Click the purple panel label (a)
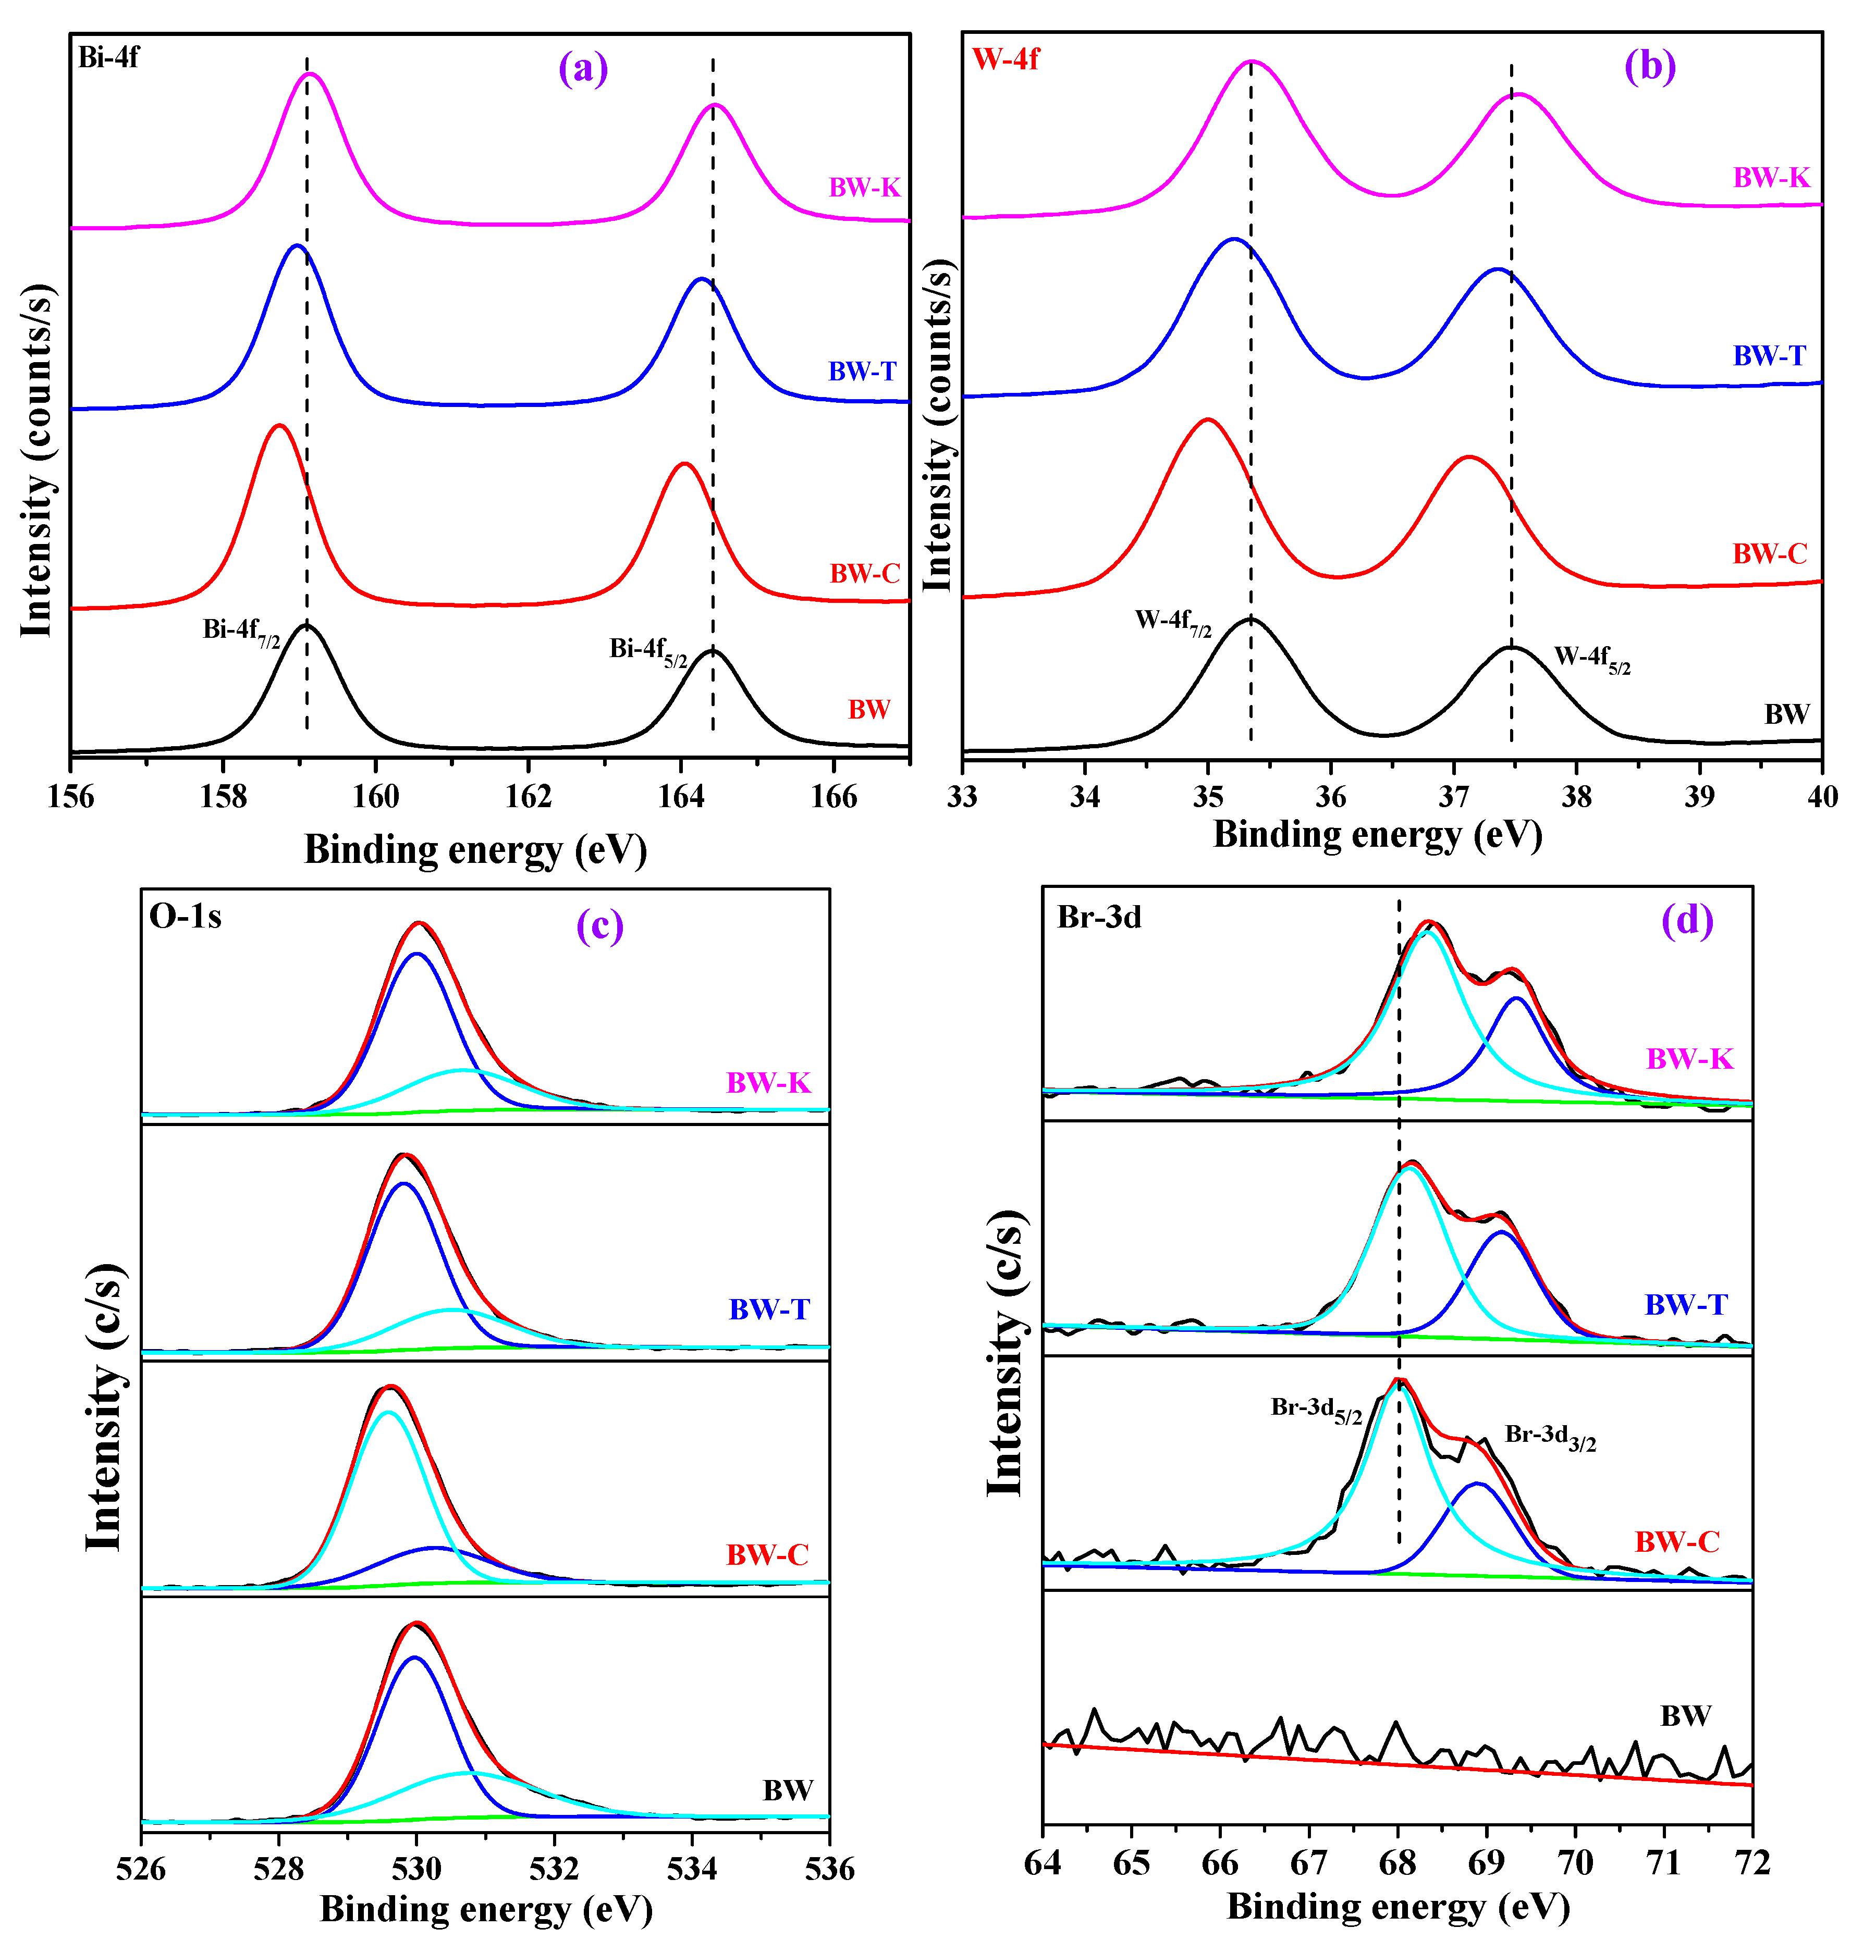[583, 69]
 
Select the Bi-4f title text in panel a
[108, 57]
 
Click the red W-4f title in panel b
[1006, 59]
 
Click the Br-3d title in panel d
[1099, 917]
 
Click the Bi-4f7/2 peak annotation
[242, 631]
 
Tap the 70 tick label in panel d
[1575, 1863]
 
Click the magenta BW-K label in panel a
[864, 188]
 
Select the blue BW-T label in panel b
[1769, 356]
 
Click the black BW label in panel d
[1685, 1716]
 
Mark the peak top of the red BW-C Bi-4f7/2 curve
[279, 426]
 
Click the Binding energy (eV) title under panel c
[485, 1910]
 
